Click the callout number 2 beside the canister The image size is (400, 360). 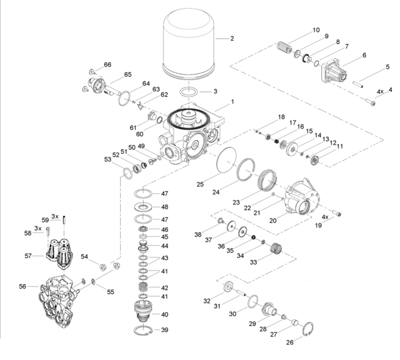click(x=232, y=38)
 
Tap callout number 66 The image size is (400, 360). click(x=107, y=65)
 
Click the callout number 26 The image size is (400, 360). click(x=290, y=343)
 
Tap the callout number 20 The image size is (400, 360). click(x=273, y=220)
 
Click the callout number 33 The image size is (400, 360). click(x=253, y=262)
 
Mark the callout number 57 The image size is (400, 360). click(x=28, y=255)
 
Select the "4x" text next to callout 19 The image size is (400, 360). click(x=326, y=217)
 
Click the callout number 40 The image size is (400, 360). click(x=165, y=314)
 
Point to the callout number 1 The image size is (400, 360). click(x=232, y=102)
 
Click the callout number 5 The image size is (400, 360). click(x=387, y=67)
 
